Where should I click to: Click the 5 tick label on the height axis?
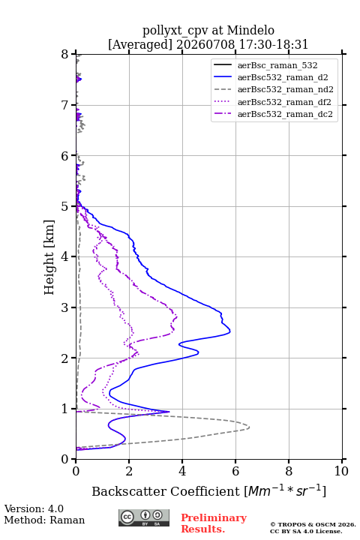65,206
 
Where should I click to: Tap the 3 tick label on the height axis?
65,307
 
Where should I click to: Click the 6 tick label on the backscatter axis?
235,471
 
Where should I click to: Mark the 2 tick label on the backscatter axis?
129,471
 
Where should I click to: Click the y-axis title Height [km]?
49,257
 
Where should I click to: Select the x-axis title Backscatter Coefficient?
166,491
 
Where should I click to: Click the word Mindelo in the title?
250,30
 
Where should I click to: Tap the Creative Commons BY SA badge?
144,518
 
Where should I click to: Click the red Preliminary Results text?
214,523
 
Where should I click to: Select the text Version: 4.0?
34,508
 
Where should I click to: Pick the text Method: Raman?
44,520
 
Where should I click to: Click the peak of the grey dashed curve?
249,427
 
